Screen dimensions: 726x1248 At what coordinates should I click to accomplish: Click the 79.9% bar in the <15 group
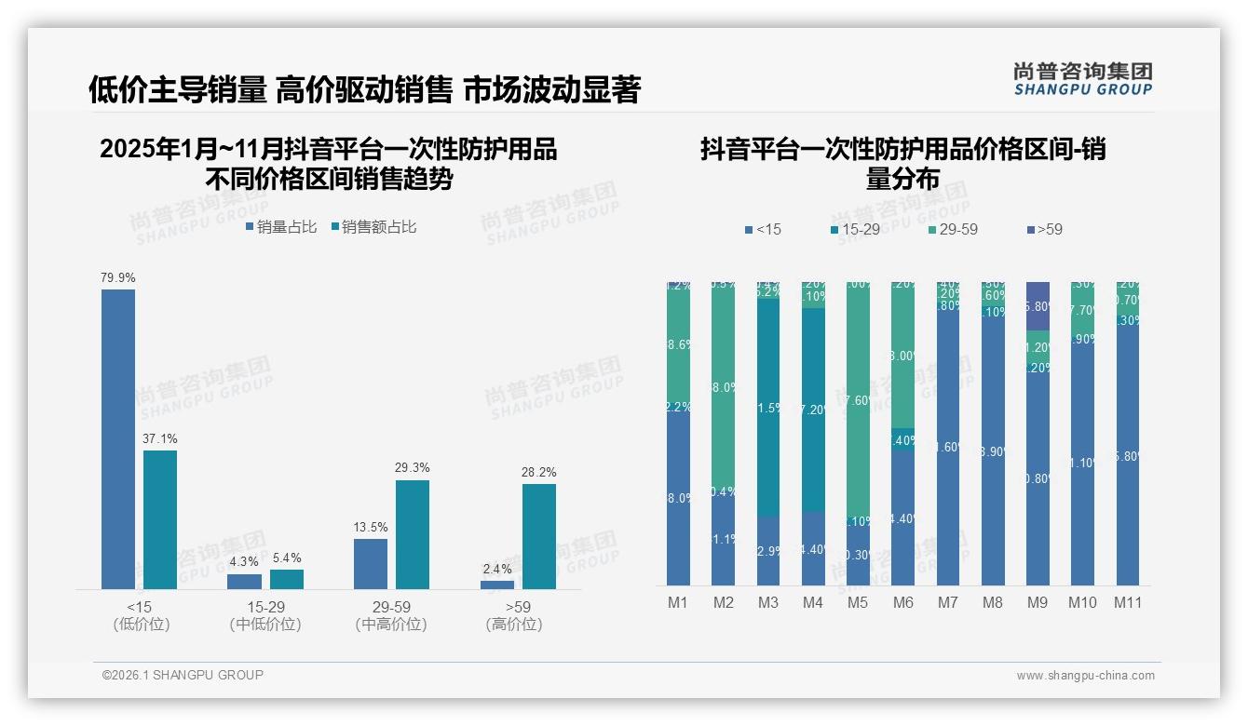[x=118, y=438]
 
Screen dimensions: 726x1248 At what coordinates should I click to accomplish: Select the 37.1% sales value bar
[x=160, y=519]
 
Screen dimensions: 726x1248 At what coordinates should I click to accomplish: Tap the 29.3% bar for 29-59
[x=413, y=534]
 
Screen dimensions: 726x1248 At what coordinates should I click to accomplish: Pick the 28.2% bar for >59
[x=539, y=536]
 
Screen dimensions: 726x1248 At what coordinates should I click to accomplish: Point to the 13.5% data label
[x=371, y=528]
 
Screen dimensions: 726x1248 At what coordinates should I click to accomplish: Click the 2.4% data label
[x=497, y=570]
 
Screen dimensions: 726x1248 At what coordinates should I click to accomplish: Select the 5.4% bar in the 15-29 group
[x=287, y=579]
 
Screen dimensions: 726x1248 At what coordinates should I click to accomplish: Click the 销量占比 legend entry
[x=281, y=227]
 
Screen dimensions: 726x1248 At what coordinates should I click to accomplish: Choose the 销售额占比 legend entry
[x=373, y=227]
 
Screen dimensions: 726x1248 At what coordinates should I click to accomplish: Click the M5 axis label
[x=858, y=603]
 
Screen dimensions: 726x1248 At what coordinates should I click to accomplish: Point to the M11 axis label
[x=1128, y=603]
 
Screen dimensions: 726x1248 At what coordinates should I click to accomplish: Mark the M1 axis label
[x=678, y=603]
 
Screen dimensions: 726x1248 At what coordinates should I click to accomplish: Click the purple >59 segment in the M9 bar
[x=1038, y=305]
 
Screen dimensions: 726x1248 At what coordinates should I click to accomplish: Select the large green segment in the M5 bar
[x=858, y=400]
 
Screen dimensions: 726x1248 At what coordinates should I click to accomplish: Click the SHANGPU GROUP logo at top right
[x=1082, y=79]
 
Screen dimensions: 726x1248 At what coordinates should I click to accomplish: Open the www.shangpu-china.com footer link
[x=1085, y=676]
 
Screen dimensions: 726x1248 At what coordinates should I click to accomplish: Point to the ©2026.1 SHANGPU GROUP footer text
[x=183, y=675]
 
